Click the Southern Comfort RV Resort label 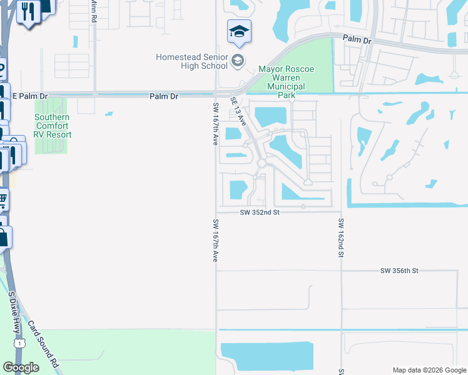[53, 126]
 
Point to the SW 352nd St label [259, 212]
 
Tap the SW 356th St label [399, 271]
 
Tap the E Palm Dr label [29, 96]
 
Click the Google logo [21, 367]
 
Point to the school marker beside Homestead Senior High [237, 61]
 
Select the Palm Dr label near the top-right [357, 39]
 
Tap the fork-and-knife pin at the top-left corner [28, 12]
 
